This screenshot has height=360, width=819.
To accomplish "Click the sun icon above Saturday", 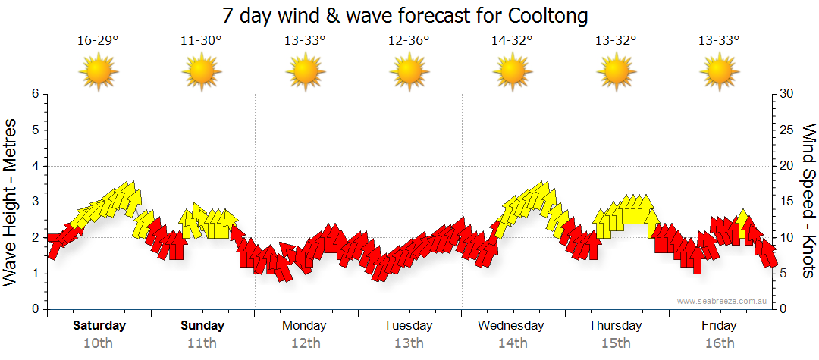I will (99, 73).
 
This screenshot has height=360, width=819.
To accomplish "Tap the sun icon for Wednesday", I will (513, 73).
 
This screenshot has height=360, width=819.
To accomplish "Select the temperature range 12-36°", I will (409, 40).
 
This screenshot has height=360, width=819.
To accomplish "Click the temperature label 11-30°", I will (202, 40).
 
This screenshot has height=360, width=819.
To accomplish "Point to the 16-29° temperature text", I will (98, 40).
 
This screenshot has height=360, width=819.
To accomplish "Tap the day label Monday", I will (304, 326).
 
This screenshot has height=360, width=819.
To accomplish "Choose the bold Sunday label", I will (202, 326).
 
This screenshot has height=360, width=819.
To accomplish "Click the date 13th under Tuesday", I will (408, 343).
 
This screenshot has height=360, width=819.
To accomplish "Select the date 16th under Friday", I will (719, 343).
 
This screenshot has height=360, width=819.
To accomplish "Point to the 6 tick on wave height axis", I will (34, 94).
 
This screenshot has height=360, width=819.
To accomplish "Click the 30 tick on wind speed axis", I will (786, 94).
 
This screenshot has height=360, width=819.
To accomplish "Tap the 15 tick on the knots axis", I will (786, 202).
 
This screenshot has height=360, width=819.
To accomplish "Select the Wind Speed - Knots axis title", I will (808, 202).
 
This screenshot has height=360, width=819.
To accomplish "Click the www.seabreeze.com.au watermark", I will (723, 301).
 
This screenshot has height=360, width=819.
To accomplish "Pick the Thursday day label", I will (615, 326).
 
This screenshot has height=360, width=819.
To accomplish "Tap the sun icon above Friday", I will (720, 73).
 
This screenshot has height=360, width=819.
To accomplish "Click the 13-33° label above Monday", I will (305, 40).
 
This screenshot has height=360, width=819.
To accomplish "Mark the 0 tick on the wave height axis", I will (34, 309).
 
